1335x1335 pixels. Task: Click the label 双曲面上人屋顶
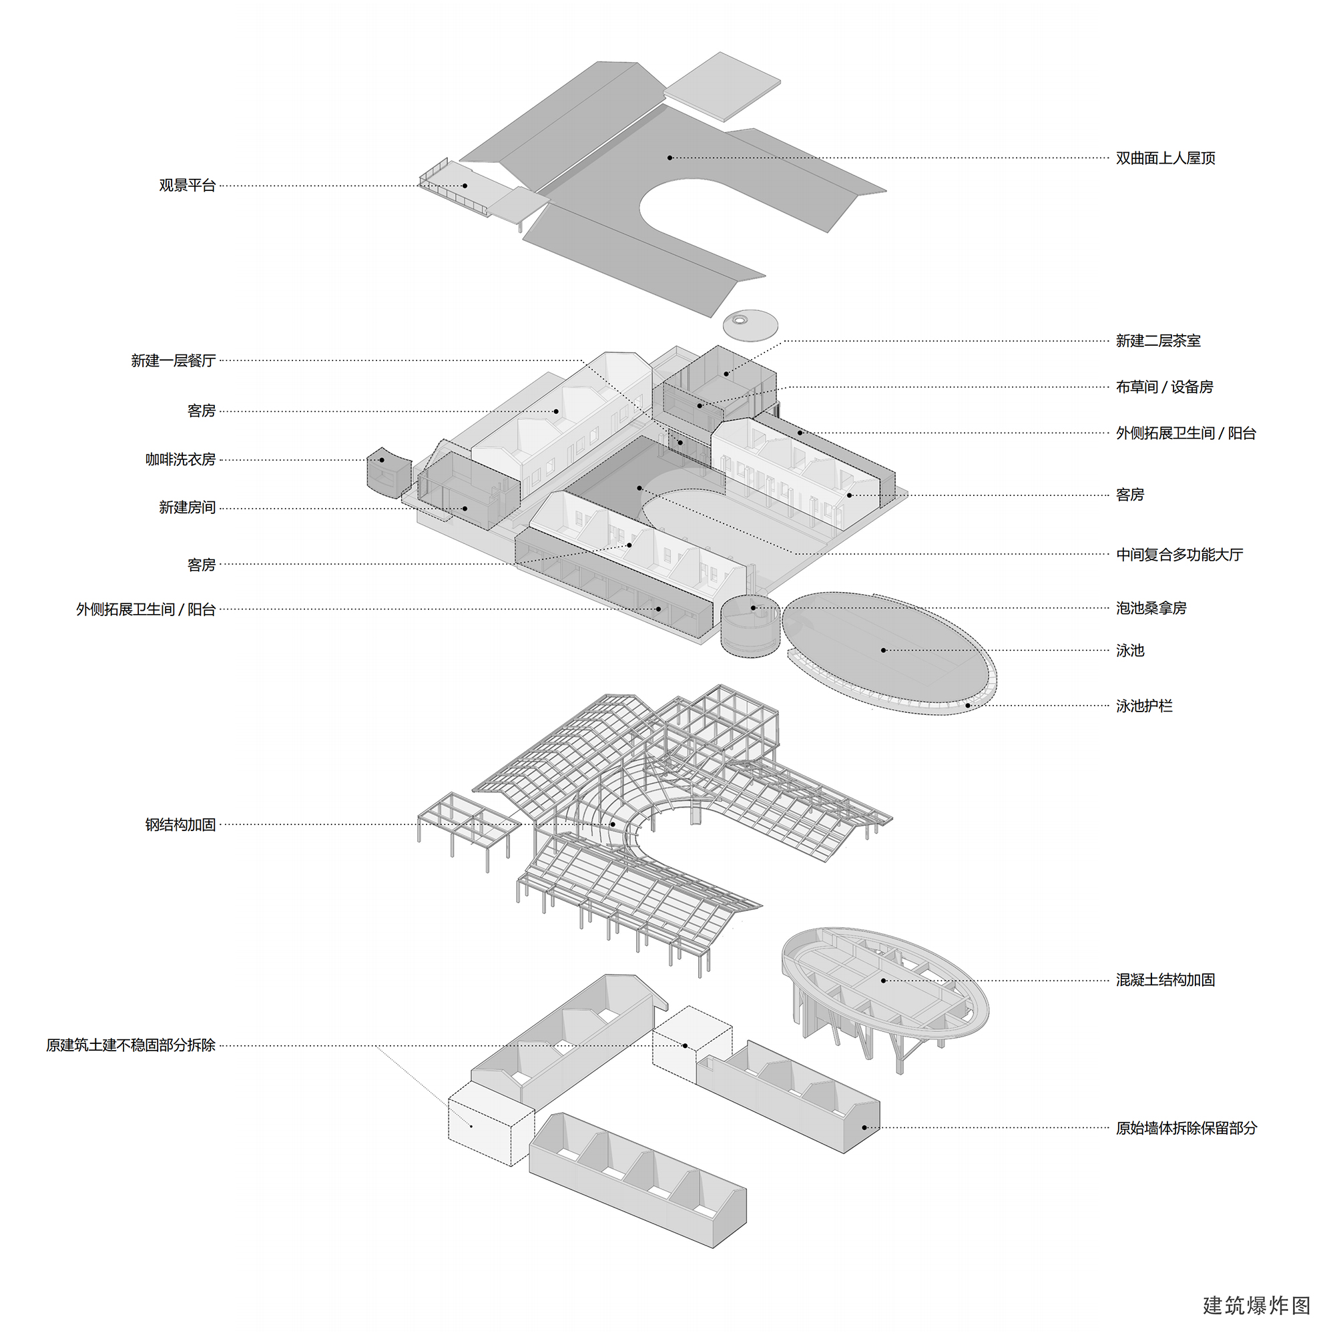(1165, 158)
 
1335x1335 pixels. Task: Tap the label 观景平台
(188, 185)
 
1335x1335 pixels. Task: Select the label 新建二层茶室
(1158, 340)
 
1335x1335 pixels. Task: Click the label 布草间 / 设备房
(1164, 387)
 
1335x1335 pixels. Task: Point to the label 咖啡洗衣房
(180, 459)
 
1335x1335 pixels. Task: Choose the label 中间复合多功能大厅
(1179, 554)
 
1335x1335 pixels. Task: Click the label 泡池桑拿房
(1151, 608)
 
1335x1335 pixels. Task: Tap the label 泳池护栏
(1143, 706)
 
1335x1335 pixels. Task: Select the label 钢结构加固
(180, 824)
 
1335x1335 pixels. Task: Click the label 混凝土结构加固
(1165, 980)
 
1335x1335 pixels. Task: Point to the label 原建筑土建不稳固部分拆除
(131, 1045)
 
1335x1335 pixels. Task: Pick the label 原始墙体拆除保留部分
(1185, 1128)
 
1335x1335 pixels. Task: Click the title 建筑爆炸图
(1256, 1304)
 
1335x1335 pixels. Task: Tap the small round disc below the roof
(750, 324)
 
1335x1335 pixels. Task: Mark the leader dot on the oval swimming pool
(883, 650)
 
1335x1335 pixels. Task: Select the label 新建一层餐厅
(174, 360)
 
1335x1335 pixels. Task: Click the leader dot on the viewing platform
(465, 185)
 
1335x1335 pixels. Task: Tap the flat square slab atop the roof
(722, 86)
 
